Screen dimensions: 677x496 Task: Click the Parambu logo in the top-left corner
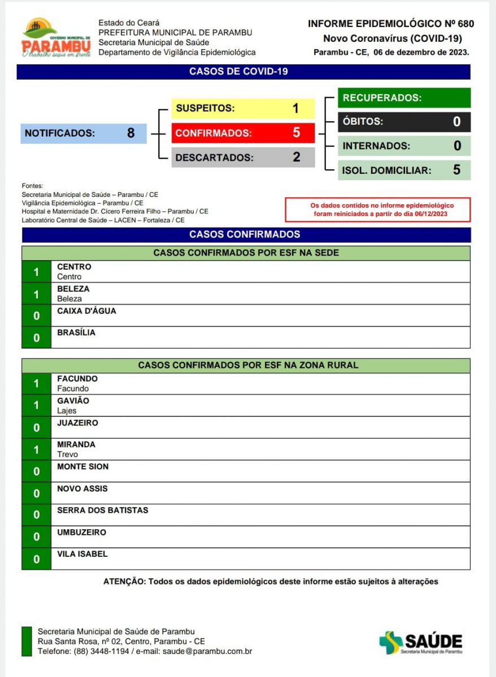[55, 38]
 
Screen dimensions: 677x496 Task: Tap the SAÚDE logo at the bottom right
[421, 643]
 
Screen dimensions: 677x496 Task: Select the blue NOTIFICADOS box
[84, 134]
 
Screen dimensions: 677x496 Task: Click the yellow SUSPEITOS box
[243, 108]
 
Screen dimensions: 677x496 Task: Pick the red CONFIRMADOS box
[243, 134]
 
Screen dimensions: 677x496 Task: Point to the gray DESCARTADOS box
[243, 158]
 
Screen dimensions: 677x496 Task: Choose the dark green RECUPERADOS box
[404, 98]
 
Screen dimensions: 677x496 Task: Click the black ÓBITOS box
[404, 122]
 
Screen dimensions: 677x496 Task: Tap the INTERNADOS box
[404, 146]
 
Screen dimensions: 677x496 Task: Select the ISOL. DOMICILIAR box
[404, 170]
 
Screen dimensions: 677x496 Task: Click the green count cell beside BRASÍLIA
[37, 338]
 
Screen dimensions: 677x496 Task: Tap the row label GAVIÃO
[73, 401]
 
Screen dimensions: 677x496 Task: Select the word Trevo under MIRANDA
[68, 454]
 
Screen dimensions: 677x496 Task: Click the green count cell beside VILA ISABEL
[37, 560]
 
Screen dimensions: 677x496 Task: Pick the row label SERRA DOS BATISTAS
[103, 511]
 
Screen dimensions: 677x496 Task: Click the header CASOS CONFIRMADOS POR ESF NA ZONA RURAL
[248, 366]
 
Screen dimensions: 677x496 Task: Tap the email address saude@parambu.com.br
[207, 651]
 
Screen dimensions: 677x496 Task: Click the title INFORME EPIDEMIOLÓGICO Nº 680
[391, 24]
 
